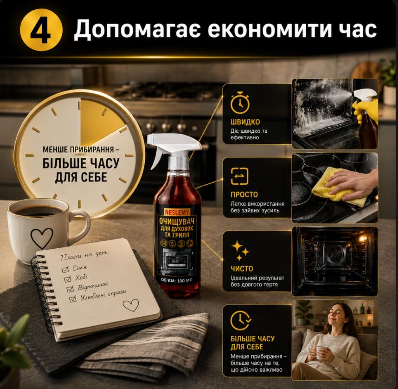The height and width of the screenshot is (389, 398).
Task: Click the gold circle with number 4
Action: (x=41, y=30)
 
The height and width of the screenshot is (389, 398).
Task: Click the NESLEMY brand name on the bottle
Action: (x=177, y=211)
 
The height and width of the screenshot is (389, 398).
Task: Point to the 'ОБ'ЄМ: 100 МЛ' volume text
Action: (x=177, y=280)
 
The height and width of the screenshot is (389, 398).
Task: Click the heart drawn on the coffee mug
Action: (x=42, y=238)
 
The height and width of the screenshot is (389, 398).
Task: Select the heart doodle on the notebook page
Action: (x=131, y=305)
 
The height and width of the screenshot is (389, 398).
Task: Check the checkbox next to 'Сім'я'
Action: (x=65, y=269)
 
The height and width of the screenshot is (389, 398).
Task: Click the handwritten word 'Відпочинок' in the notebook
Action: (x=93, y=286)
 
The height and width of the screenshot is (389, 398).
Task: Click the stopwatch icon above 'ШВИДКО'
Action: (x=240, y=103)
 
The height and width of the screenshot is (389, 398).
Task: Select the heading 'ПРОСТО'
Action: (x=244, y=194)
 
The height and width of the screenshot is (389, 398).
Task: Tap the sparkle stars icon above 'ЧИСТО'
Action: (x=240, y=250)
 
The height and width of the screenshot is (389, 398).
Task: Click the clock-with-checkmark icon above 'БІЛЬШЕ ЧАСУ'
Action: (x=240, y=320)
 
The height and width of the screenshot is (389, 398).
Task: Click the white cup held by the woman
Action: (x=321, y=352)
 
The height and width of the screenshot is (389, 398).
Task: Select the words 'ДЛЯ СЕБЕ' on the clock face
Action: (x=81, y=177)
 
